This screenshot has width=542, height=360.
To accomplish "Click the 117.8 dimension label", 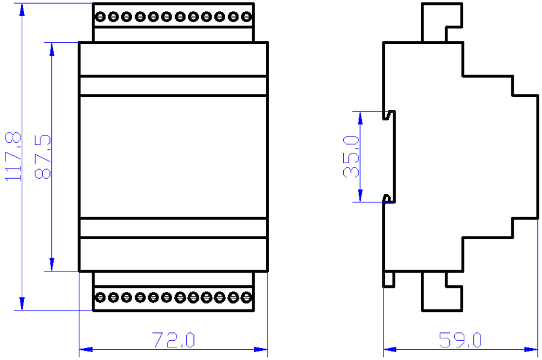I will click(13, 157).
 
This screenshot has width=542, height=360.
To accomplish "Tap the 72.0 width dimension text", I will click(173, 341).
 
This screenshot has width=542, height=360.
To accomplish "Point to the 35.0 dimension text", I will click(352, 156).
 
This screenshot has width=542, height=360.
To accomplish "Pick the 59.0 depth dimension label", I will click(461, 341).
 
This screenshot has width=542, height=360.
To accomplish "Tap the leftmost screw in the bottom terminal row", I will click(99, 297).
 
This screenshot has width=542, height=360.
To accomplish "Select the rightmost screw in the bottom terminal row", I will click(247, 297).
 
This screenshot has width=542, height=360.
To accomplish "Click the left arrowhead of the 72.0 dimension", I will click(85, 349).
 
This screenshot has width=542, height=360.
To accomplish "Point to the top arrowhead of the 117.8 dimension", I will click(22, 8).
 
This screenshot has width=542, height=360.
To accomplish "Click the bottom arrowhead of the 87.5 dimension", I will click(52, 265).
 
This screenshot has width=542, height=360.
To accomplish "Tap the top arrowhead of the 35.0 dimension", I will click(360, 117).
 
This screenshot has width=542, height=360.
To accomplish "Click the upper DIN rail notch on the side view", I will click(390, 114).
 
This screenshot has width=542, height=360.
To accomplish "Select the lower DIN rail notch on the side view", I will click(390, 199).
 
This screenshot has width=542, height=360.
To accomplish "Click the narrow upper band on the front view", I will click(173, 86).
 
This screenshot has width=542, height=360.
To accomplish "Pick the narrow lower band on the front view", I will click(173, 228).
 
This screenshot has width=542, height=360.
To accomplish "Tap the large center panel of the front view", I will click(173, 157).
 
